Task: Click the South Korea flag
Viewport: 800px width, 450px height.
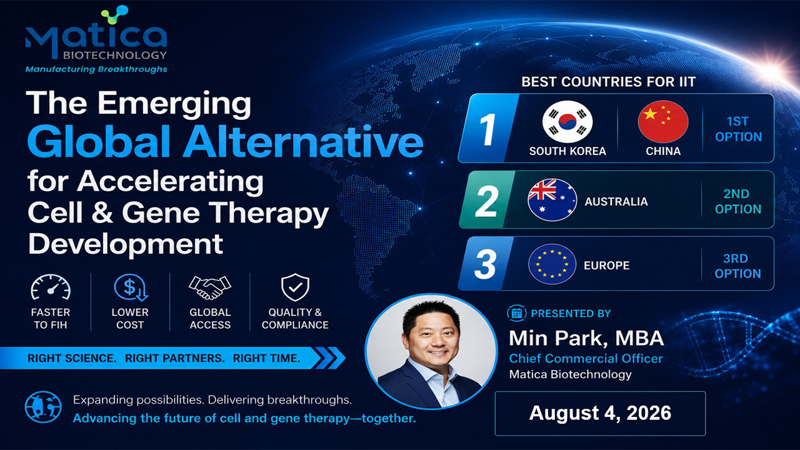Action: pos(567,122)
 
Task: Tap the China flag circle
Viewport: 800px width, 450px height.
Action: pos(663,122)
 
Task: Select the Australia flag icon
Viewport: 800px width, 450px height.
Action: pos(552,199)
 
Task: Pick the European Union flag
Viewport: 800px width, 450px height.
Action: pos(552,264)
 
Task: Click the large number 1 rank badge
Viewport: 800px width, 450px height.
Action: pos(488,129)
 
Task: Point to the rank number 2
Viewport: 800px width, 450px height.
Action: pos(486,201)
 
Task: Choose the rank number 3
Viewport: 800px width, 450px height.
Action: pos(486,264)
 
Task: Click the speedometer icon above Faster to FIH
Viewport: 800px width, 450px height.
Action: pos(51,287)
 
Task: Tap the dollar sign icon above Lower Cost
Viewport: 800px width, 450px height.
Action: pos(131,287)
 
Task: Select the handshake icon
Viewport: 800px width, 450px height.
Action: pos(210,287)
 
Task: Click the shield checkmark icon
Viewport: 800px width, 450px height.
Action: pos(295,287)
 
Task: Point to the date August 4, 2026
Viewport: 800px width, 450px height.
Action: pos(600,413)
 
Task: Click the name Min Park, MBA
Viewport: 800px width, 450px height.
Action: pos(586,338)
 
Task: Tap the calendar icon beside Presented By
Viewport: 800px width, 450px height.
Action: pos(516,313)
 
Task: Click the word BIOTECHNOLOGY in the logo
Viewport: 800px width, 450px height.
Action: pos(115,56)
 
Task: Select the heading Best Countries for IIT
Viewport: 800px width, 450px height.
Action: pos(609,82)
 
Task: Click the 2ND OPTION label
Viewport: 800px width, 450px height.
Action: pos(738,201)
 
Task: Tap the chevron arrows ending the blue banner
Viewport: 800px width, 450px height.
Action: pos(329,358)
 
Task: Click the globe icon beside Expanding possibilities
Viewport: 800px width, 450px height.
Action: pos(43,407)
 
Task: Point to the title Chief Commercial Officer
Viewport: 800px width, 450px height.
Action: pos(586,358)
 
